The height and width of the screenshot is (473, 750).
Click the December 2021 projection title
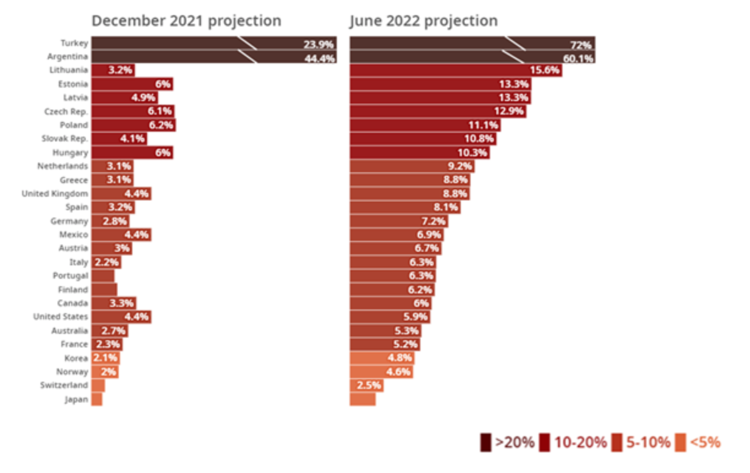(x=186, y=21)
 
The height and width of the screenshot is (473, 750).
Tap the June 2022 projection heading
(x=423, y=21)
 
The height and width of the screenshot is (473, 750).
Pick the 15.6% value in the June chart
(x=545, y=70)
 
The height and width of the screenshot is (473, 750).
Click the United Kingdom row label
(x=55, y=194)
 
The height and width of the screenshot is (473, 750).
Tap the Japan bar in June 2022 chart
(x=362, y=399)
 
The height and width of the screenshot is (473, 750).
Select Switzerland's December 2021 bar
(x=98, y=385)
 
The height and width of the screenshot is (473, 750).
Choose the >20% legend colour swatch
(x=485, y=442)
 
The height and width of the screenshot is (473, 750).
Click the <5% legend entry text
(x=705, y=442)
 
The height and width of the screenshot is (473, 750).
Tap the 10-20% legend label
(x=580, y=442)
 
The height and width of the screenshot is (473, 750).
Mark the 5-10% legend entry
(x=648, y=442)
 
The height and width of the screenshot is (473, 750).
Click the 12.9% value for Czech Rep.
(x=509, y=112)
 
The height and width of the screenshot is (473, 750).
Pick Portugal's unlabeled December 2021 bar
(x=102, y=276)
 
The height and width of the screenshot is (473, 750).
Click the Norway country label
(x=74, y=372)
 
